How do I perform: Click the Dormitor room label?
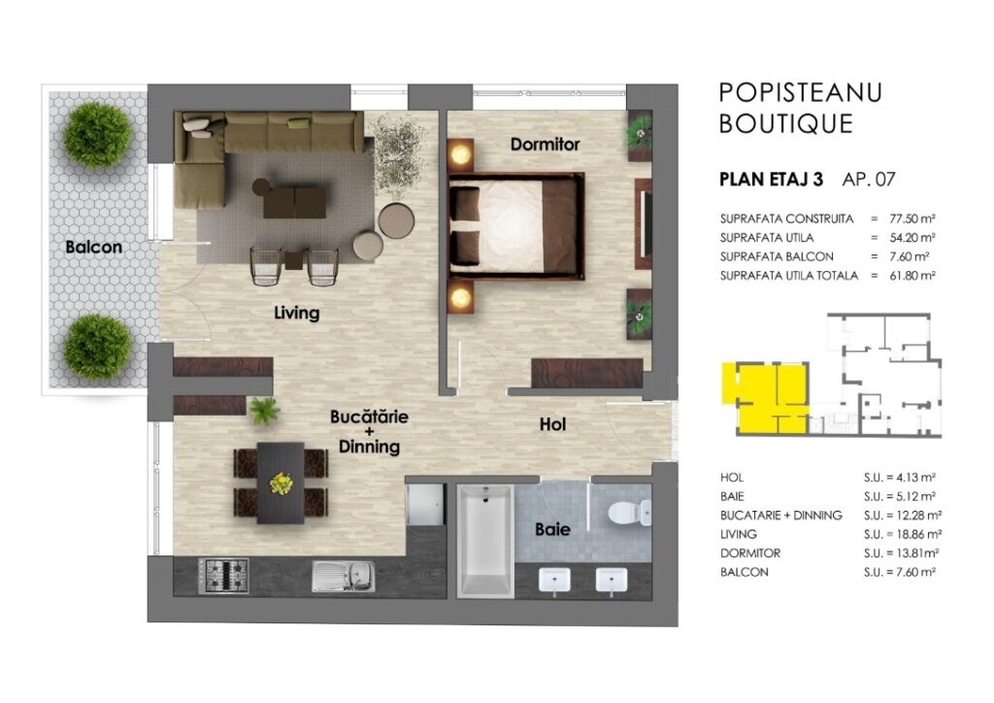tap(546, 145)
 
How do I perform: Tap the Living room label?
tap(297, 313)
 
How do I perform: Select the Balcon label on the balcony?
tap(94, 248)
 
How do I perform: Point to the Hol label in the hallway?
tap(552, 424)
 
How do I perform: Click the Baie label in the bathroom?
tap(552, 529)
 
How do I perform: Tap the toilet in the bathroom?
tap(629, 513)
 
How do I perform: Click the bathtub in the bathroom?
tap(485, 542)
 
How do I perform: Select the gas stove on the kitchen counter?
tap(223, 576)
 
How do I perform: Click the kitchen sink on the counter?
tap(344, 576)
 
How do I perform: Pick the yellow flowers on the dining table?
tap(281, 484)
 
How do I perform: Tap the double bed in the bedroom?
tap(516, 226)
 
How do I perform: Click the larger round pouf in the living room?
tap(396, 220)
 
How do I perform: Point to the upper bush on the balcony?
tap(98, 135)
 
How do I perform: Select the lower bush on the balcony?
tap(98, 347)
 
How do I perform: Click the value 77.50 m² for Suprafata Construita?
tap(912, 218)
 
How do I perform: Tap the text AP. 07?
tap(869, 180)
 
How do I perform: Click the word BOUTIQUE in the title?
tap(786, 123)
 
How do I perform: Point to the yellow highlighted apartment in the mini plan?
tap(766, 397)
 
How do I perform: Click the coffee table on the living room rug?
tap(295, 202)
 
